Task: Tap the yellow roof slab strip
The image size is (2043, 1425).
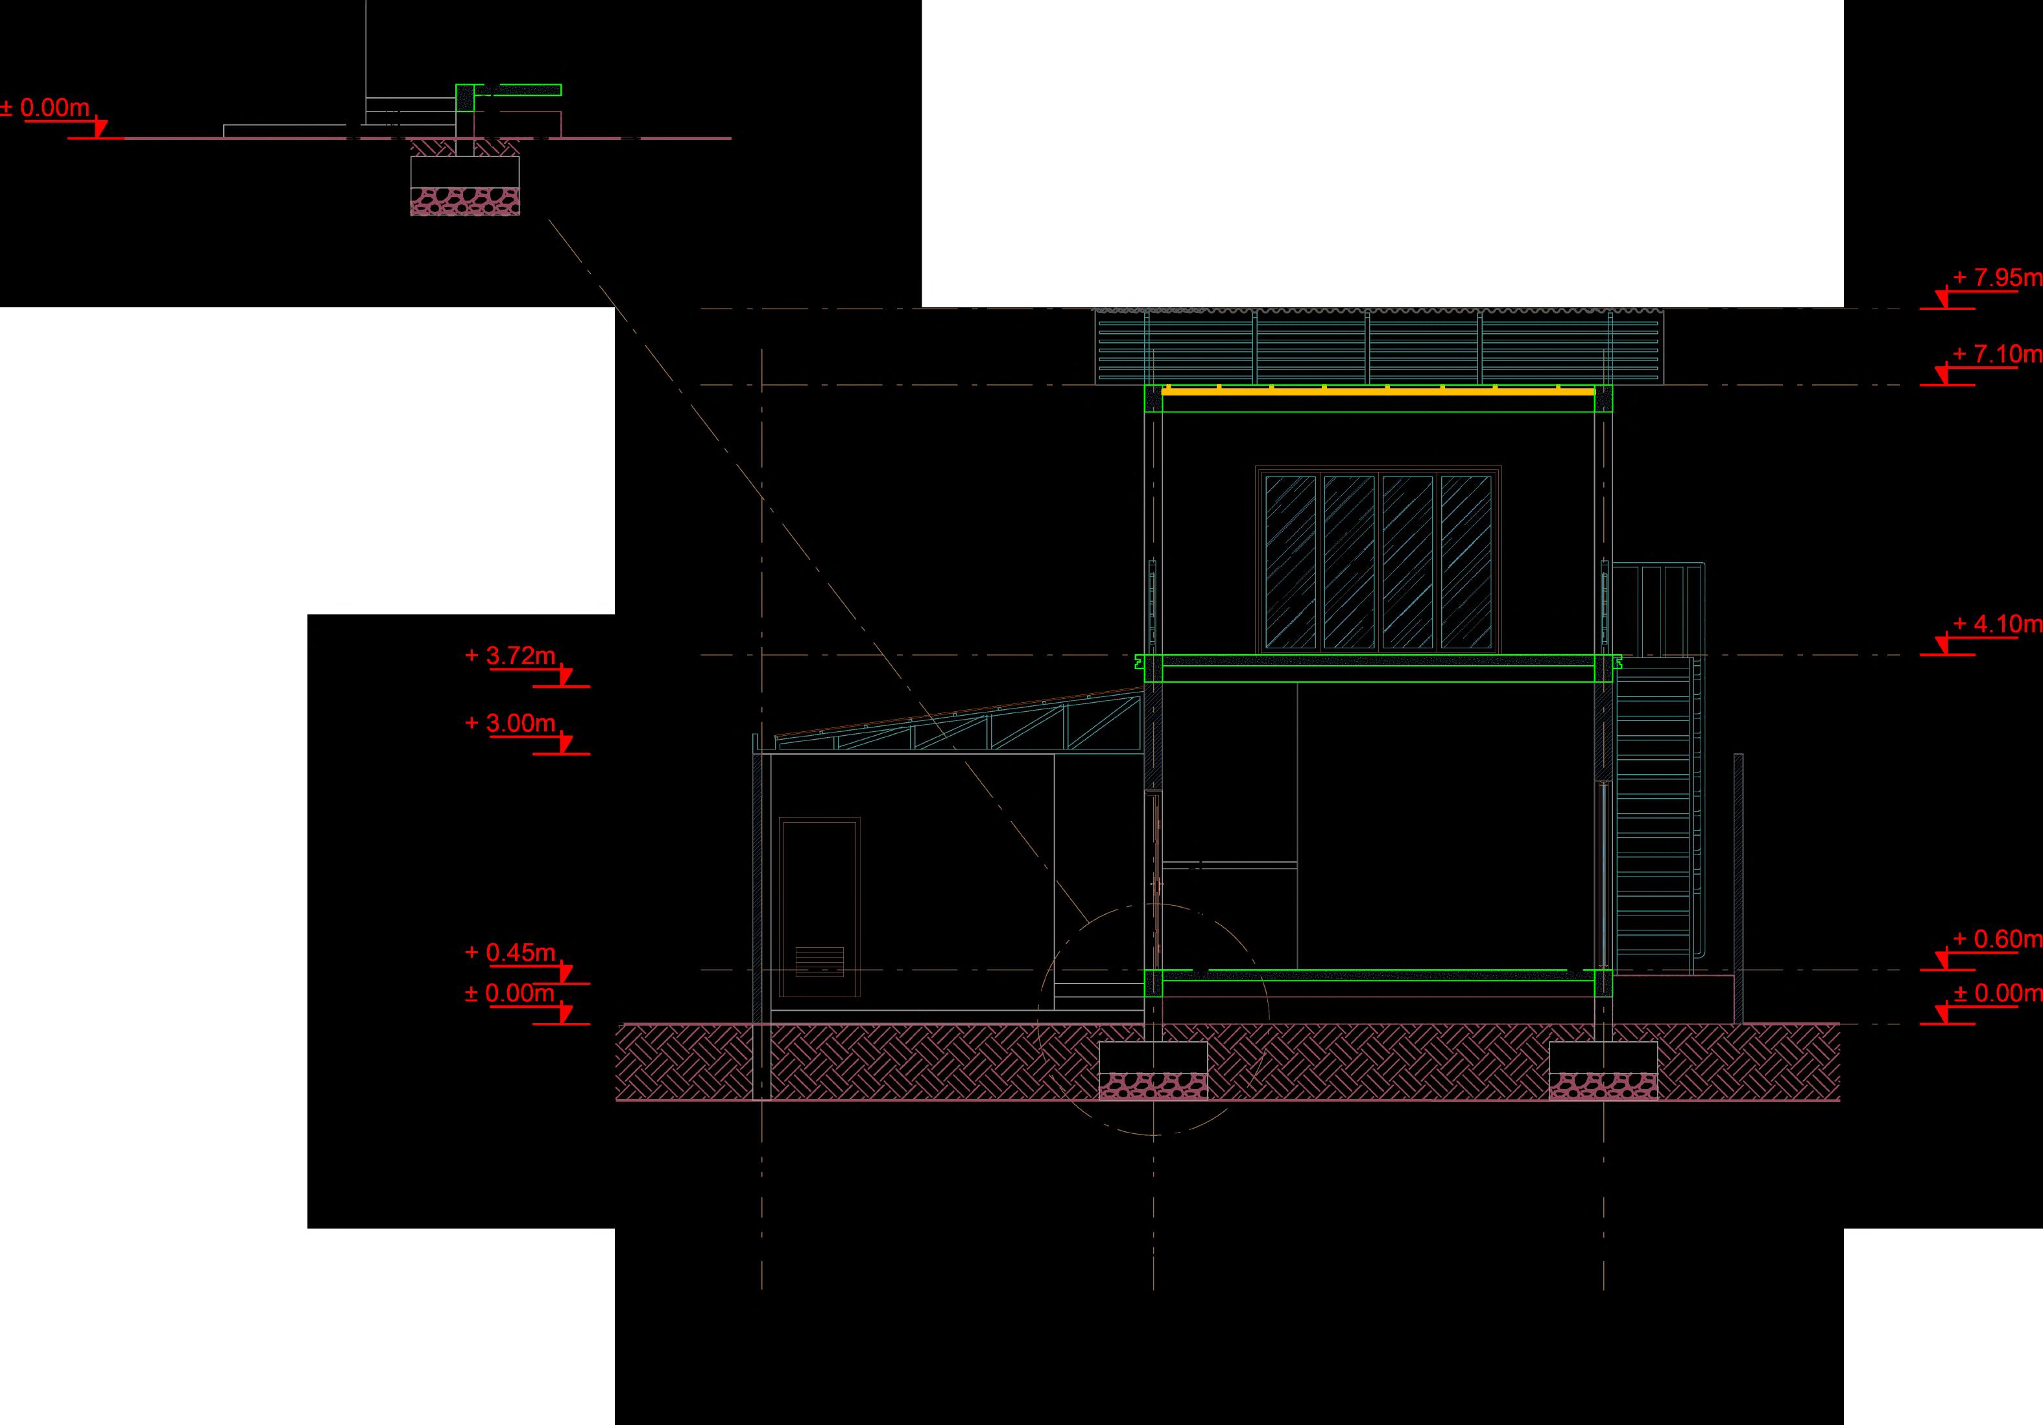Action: tap(1378, 390)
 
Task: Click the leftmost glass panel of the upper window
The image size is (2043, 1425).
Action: tap(1289, 561)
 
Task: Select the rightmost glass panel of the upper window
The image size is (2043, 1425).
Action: tap(1466, 561)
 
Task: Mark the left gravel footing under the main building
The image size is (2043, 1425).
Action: tap(1153, 1085)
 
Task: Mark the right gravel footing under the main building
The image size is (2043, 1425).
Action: tap(1603, 1085)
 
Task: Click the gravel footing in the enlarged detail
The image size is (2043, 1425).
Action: tap(464, 200)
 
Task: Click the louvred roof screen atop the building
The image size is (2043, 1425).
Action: tap(1378, 347)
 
